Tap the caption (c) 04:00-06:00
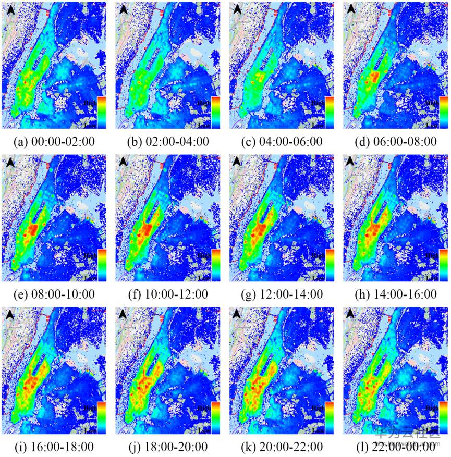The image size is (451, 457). [281, 142]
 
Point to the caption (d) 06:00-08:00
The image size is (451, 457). [395, 142]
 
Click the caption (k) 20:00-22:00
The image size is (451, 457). [281, 447]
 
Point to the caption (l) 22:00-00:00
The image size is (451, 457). [395, 447]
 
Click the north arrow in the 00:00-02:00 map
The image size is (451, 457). [10, 9]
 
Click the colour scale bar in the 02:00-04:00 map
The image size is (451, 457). [216, 112]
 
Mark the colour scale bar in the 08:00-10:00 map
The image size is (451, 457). [102, 265]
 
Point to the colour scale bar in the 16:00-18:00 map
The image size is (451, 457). [102, 417]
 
